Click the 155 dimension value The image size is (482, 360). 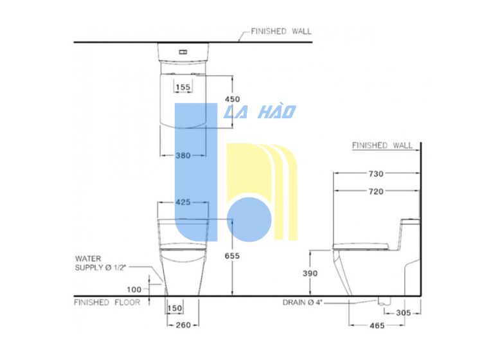pyautogui.click(x=183, y=87)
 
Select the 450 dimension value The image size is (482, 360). pyautogui.click(x=232, y=99)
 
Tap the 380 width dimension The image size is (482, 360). pyautogui.click(x=183, y=156)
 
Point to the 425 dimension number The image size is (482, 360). pyautogui.click(x=183, y=203)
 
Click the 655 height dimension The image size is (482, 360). pyautogui.click(x=232, y=256)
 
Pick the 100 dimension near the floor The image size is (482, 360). pyautogui.click(x=134, y=289)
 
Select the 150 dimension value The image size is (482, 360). pyautogui.click(x=175, y=308)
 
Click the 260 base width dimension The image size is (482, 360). pyautogui.click(x=183, y=325)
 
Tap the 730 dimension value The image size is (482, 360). pyautogui.click(x=376, y=174)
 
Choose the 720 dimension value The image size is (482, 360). pyautogui.click(x=376, y=192)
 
